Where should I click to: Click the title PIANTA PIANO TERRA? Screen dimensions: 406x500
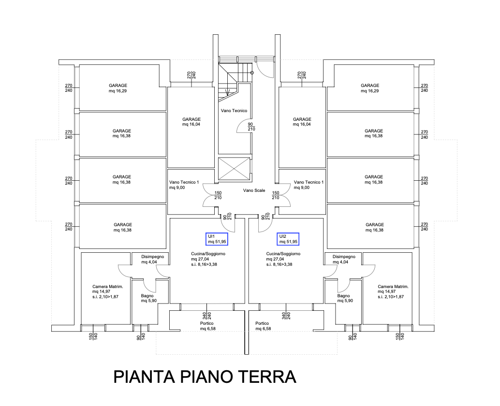coord(204,376)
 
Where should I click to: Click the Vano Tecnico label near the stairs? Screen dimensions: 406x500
coord(234,111)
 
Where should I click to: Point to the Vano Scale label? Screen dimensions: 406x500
coord(254,190)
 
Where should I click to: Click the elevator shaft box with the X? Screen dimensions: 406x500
coord(235,169)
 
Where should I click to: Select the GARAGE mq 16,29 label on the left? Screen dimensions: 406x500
coord(118,88)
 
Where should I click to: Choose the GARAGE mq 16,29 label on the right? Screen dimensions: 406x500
coord(370,88)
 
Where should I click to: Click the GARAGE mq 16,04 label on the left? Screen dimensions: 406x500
coord(191,121)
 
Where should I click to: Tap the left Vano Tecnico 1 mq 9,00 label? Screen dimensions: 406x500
coord(184,185)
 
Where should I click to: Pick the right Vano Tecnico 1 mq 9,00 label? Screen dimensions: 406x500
coord(309,185)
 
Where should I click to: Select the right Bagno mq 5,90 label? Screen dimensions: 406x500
coord(344,298)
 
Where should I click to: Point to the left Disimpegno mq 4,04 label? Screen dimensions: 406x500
coord(153,260)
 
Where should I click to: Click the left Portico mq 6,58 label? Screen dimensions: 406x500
coord(207,326)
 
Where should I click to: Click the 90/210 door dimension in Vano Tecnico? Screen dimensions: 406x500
coord(251,127)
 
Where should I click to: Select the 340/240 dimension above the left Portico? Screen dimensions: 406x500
coord(206,316)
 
